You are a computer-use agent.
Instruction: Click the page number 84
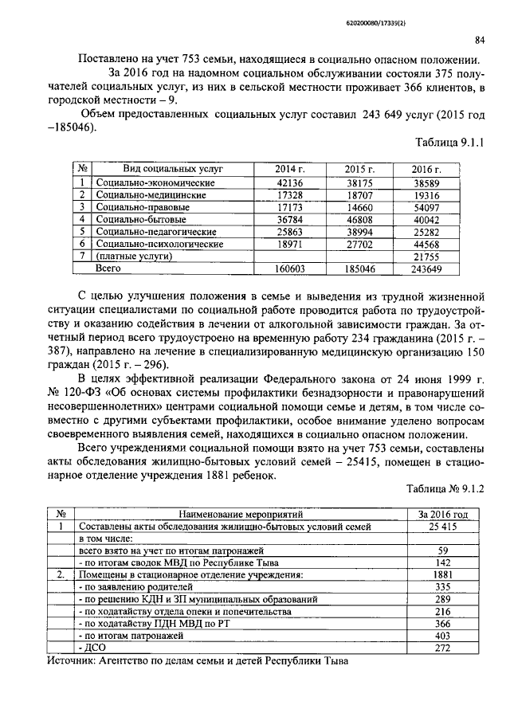pyautogui.click(x=480, y=41)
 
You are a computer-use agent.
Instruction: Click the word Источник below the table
pyautogui.click(x=72, y=661)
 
